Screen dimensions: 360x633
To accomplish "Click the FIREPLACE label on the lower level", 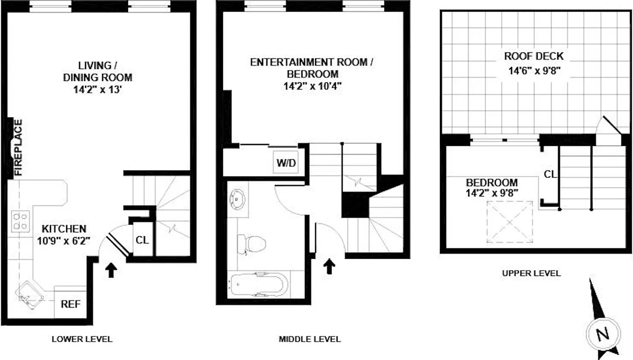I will tap(18, 147).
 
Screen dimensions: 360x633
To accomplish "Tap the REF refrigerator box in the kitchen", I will tap(71, 304).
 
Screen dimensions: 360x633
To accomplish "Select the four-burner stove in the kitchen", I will tap(20, 221).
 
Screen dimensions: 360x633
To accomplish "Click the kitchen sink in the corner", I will tap(30, 295).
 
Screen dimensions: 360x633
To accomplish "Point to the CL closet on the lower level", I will tap(142, 240).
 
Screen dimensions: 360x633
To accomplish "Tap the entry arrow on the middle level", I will tap(330, 265).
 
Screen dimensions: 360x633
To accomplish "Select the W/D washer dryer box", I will tap(286, 163).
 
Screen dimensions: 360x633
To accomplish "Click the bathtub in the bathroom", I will tap(258, 284).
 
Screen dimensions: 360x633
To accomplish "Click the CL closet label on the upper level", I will tap(550, 175).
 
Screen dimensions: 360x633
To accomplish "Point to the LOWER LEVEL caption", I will tap(81, 339).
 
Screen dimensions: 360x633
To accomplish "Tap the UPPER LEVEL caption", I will tap(531, 273).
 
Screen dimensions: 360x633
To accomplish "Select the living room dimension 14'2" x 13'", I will tap(97, 89).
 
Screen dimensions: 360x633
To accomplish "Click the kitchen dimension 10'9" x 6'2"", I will tap(64, 240).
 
